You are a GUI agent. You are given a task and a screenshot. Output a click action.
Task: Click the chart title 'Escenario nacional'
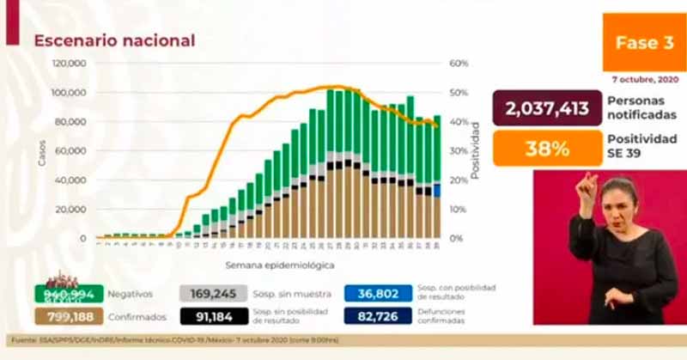coord(114,40)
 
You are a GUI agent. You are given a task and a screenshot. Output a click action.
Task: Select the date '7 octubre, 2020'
coord(645,79)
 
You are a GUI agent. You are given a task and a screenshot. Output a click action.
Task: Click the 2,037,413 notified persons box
coord(547,108)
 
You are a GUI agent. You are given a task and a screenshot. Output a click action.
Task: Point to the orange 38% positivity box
coord(547,148)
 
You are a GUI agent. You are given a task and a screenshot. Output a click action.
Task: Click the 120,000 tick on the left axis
coord(68,64)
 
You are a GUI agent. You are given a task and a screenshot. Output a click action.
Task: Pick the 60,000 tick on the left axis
coord(70,151)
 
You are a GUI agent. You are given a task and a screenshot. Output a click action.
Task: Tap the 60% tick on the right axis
coord(458,64)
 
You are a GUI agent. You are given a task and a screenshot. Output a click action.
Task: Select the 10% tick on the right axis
coord(458,210)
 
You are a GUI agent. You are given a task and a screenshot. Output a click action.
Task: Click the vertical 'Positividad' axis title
coord(474,151)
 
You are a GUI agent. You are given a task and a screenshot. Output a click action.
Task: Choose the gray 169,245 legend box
coord(214,293)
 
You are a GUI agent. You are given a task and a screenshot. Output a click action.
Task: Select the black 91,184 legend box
coord(214,316)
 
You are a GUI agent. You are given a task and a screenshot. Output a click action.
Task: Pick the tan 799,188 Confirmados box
coord(69,316)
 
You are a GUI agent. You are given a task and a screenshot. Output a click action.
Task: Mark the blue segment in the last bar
coord(437,190)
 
